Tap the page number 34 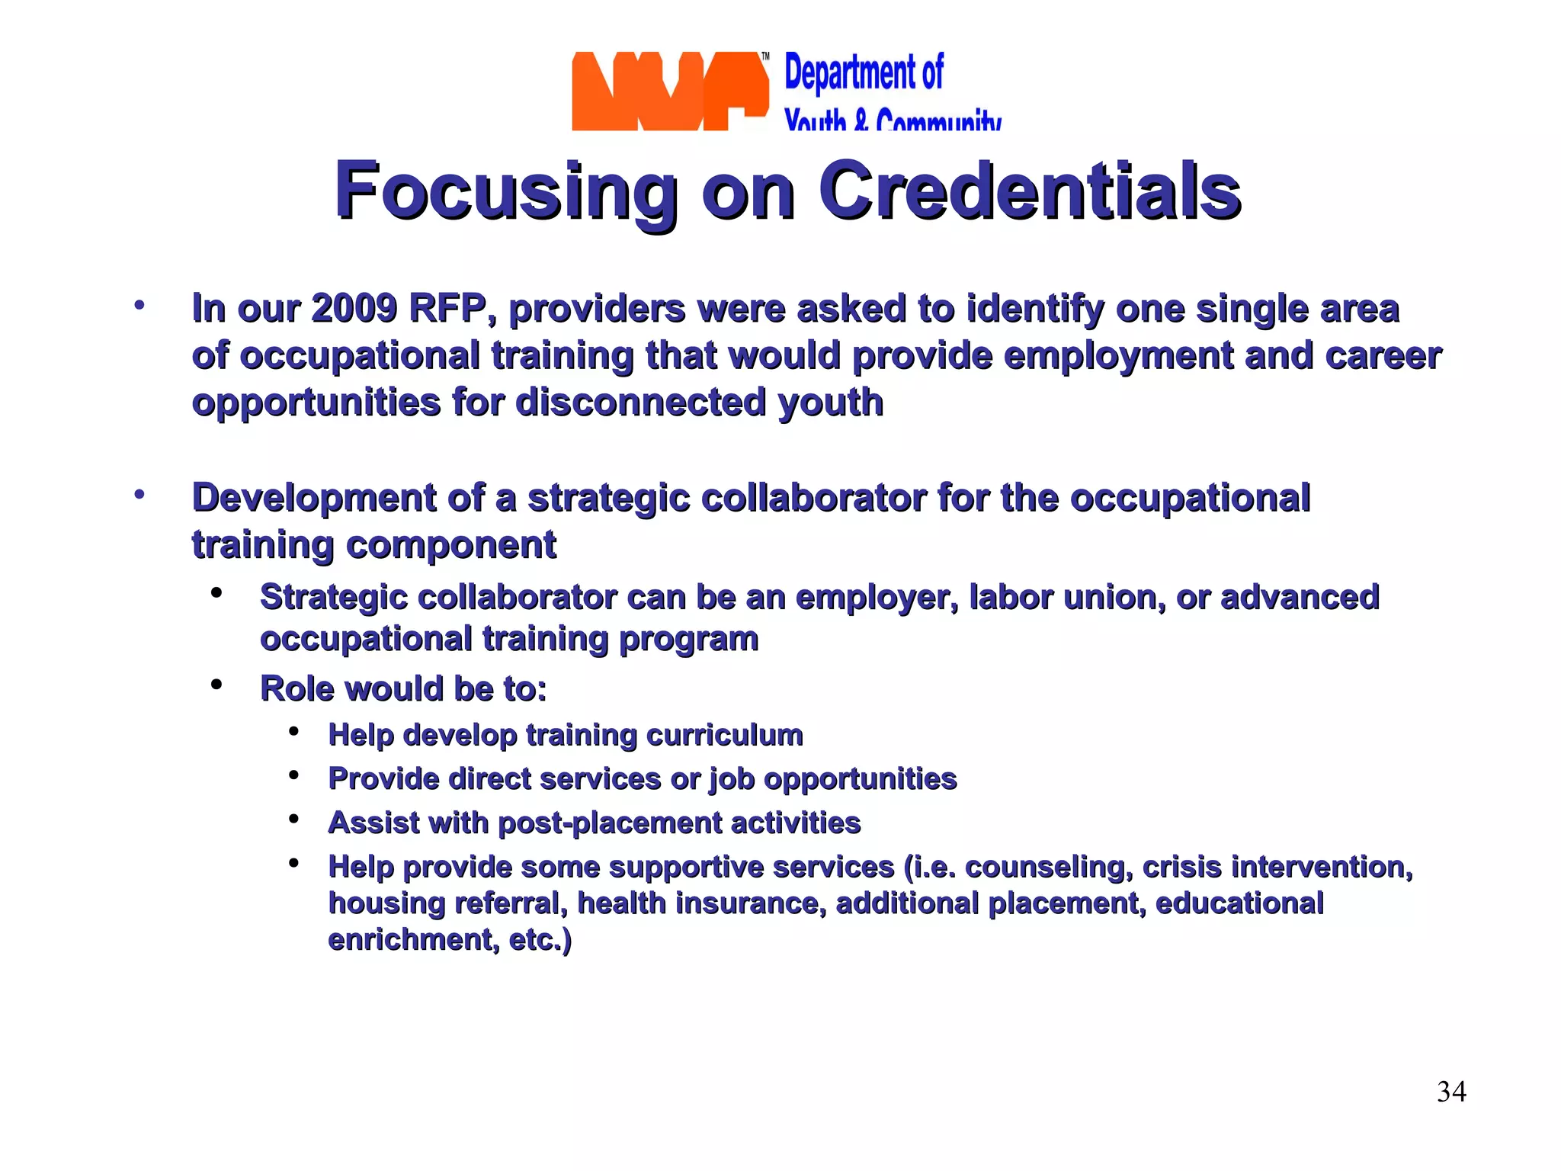(x=1451, y=1092)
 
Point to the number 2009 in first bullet (x=354, y=309)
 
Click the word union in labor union (x=1114, y=598)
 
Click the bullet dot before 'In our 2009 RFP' (x=139, y=306)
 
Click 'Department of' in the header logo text (x=864, y=73)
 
